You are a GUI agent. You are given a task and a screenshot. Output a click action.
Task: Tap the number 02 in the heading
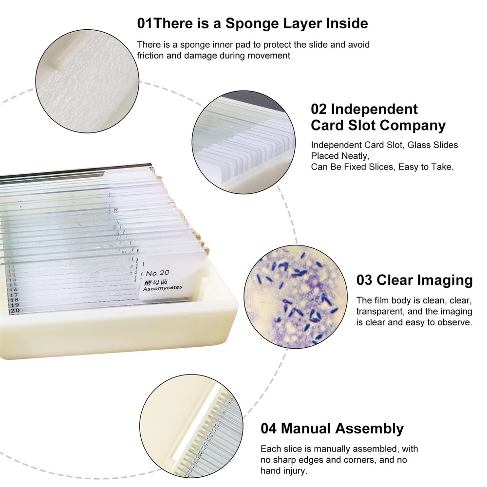point(320,109)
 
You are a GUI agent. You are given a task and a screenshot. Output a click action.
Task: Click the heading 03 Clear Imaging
point(414,280)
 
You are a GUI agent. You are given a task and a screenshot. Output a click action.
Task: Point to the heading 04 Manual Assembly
point(332,429)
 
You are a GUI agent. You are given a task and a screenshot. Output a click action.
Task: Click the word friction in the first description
point(150,55)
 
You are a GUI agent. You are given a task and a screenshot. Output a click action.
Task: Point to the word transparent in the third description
point(378,312)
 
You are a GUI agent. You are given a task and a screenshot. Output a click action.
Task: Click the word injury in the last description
point(295,471)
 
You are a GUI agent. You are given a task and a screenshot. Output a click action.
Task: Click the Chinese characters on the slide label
point(155,281)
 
